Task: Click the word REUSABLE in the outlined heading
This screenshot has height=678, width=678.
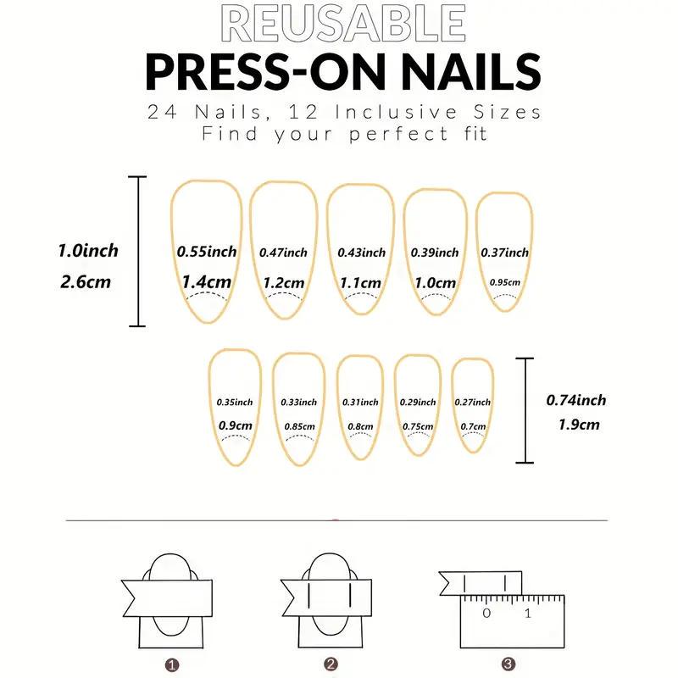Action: pyautogui.click(x=343, y=23)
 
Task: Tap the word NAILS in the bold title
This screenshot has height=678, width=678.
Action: pyautogui.click(x=470, y=72)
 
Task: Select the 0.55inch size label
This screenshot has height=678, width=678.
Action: pyautogui.click(x=207, y=252)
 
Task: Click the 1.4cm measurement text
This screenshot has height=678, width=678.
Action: pyautogui.click(x=206, y=282)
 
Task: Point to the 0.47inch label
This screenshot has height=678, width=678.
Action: pyautogui.click(x=283, y=253)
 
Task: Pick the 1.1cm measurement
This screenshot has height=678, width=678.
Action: pyautogui.click(x=360, y=283)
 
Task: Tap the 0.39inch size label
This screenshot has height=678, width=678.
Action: pyautogui.click(x=435, y=253)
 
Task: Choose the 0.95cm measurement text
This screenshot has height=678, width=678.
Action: pyautogui.click(x=504, y=282)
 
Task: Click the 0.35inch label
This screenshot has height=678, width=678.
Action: pyautogui.click(x=235, y=402)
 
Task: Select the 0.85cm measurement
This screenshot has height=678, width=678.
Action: pyautogui.click(x=299, y=426)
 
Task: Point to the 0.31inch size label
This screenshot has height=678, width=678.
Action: pyautogui.click(x=360, y=402)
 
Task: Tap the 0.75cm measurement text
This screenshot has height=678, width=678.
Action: pyautogui.click(x=418, y=426)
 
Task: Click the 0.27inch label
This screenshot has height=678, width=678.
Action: pyautogui.click(x=473, y=402)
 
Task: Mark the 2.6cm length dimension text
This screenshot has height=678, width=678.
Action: pyautogui.click(x=86, y=282)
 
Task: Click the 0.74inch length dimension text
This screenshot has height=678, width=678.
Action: pyautogui.click(x=576, y=400)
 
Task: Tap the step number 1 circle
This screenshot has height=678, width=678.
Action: pyautogui.click(x=172, y=665)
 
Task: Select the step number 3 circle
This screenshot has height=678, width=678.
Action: pyautogui.click(x=508, y=664)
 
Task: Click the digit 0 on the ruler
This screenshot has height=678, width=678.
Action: pyautogui.click(x=486, y=613)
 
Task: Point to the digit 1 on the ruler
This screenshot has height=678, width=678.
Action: pyautogui.click(x=527, y=613)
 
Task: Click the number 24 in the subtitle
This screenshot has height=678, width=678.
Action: pyautogui.click(x=162, y=112)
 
